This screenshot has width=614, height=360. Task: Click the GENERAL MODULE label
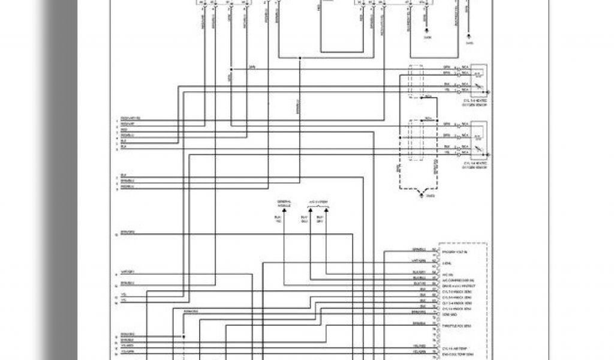(x=283, y=203)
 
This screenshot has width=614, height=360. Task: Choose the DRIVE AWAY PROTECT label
(x=459, y=286)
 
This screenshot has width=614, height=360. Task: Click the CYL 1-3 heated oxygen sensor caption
(x=475, y=103)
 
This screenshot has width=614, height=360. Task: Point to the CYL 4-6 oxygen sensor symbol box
(x=478, y=137)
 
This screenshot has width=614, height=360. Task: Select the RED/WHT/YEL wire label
(x=130, y=118)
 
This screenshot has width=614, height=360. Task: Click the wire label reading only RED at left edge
(x=124, y=130)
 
